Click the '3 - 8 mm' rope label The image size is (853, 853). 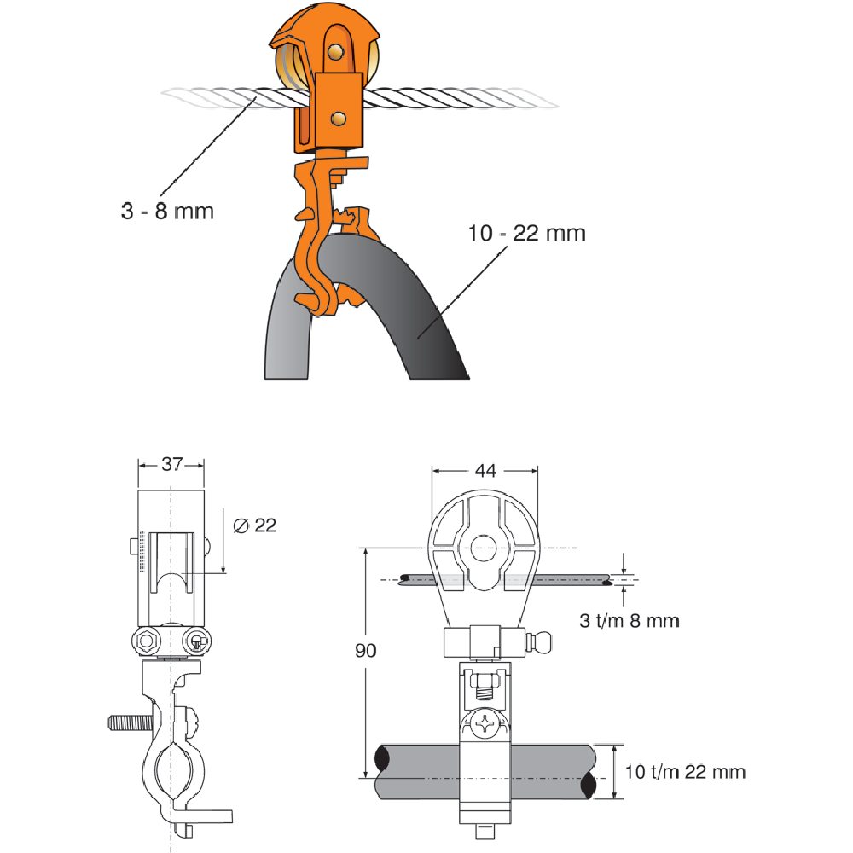pyautogui.click(x=166, y=210)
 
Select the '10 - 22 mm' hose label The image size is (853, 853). pyautogui.click(x=527, y=232)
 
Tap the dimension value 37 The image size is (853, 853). pyautogui.click(x=171, y=464)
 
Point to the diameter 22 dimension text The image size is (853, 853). pyautogui.click(x=254, y=525)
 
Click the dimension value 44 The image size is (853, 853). pyautogui.click(x=485, y=469)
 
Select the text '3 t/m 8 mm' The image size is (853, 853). pyautogui.click(x=630, y=621)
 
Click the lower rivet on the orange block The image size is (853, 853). pyautogui.click(x=340, y=116)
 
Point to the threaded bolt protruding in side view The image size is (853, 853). pyautogui.click(x=128, y=723)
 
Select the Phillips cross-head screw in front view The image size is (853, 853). pyautogui.click(x=485, y=727)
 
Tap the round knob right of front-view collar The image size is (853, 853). pyautogui.click(x=542, y=641)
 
